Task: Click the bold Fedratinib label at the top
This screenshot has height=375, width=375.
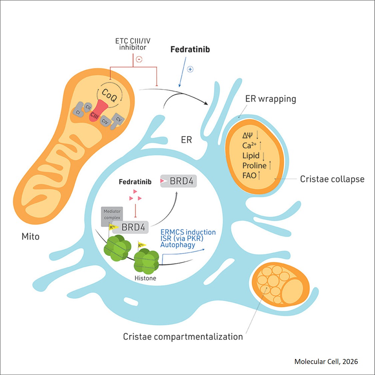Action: (x=190, y=49)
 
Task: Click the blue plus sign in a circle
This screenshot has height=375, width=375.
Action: (x=190, y=69)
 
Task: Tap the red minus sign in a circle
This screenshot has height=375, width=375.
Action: (x=139, y=59)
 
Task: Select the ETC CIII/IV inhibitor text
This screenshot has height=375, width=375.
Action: (x=133, y=44)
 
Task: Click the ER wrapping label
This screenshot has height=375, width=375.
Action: (x=270, y=99)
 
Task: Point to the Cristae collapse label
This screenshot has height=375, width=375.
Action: (x=332, y=179)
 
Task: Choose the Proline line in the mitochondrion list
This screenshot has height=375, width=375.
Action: (x=254, y=166)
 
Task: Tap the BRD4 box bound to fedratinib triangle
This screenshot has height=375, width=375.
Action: (x=179, y=181)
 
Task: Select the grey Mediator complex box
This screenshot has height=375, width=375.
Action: (x=112, y=214)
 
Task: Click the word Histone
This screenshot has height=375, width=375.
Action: (x=145, y=278)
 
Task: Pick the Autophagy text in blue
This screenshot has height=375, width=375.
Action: (x=178, y=245)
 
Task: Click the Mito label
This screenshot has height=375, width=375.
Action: (x=30, y=237)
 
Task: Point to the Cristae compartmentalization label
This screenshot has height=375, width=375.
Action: (x=183, y=337)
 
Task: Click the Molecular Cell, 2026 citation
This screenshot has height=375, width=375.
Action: (x=326, y=361)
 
